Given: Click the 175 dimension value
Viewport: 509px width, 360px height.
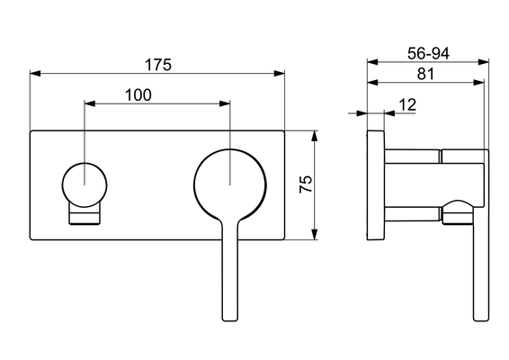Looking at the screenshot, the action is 157,65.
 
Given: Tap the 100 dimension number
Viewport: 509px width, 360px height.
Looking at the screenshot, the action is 138,94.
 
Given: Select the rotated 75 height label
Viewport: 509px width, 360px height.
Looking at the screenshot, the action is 306,184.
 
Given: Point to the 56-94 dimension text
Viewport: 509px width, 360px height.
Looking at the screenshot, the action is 428,53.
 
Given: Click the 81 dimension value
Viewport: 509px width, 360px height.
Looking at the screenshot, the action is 425,74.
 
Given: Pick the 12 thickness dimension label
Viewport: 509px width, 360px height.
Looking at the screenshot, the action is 407,104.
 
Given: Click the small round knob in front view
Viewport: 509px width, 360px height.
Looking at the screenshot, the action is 85,184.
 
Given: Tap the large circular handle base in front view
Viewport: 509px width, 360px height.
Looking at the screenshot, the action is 230,184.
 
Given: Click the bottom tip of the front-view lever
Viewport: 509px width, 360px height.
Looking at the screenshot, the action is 230,321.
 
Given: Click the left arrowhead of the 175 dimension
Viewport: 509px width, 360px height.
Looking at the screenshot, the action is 35,74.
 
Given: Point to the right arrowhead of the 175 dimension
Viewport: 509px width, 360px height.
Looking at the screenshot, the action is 279,74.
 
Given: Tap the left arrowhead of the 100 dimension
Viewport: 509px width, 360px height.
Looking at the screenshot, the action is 90,103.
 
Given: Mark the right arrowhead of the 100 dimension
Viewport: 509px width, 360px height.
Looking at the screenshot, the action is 225,103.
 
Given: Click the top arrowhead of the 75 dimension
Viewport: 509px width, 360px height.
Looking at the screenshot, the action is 314,136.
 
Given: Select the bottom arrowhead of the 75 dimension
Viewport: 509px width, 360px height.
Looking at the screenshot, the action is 314,235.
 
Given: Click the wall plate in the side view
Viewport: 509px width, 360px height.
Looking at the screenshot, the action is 376,185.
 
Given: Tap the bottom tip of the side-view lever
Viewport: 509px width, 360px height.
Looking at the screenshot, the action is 481,321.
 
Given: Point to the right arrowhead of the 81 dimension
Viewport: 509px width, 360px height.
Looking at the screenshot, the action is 478,83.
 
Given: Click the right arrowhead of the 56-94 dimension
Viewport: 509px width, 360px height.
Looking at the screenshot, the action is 484,62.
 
